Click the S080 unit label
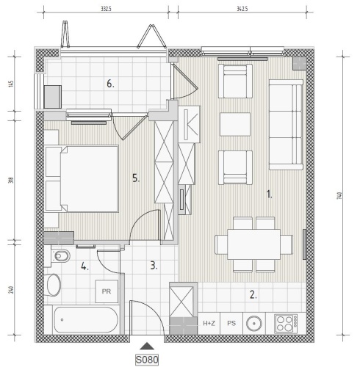point(147,360)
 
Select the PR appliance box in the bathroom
point(107,291)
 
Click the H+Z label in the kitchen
point(209,324)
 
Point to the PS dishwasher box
point(231,324)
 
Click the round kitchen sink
point(254,324)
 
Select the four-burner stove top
point(286,324)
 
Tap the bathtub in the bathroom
point(86,320)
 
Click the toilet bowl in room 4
point(60,256)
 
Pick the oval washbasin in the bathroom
point(54,285)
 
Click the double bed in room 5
point(82,178)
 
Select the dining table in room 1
point(253,244)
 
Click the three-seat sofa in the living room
point(286,125)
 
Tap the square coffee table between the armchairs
point(235,124)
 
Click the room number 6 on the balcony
point(110,84)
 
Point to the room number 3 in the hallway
point(154,266)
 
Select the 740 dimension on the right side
point(339,196)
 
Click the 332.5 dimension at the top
point(106,9)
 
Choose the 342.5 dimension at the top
point(242,9)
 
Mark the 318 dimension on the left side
point(12,181)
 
